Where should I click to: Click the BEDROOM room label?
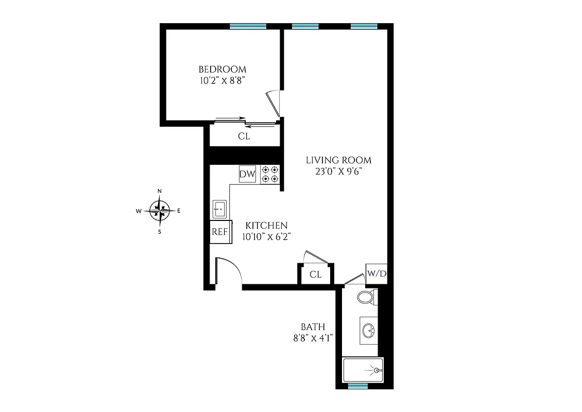(222, 69)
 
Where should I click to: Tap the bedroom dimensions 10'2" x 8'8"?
(222, 80)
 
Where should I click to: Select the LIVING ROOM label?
(338, 160)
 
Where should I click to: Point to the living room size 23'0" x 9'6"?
(338, 171)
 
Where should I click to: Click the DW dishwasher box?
(248, 174)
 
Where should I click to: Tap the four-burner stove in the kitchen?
(270, 174)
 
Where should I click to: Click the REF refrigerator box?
(219, 232)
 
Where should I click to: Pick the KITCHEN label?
(266, 226)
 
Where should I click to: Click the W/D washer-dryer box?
(376, 273)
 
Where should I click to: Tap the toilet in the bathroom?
(366, 297)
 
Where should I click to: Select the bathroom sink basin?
(369, 330)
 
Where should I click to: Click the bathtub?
(363, 370)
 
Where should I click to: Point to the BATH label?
(313, 327)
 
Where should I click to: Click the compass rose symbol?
(160, 210)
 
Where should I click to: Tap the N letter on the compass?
(160, 192)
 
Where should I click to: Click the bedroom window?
(248, 27)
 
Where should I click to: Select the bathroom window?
(358, 385)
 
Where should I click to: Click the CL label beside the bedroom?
(244, 136)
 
